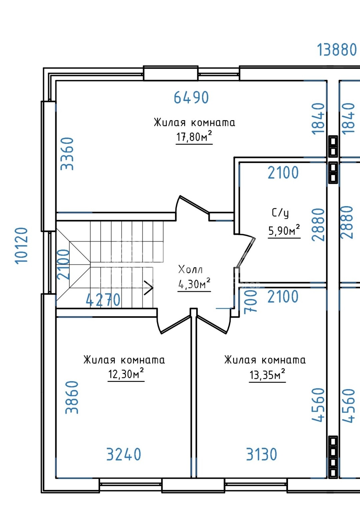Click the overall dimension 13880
(x=337, y=50)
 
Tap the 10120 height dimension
(x=21, y=245)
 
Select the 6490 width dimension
(x=191, y=98)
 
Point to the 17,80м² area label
(x=194, y=136)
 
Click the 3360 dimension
(x=67, y=154)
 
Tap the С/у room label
(x=280, y=213)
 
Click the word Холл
(x=190, y=269)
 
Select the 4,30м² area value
(x=194, y=283)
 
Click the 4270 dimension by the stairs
(x=103, y=300)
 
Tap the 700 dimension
(x=250, y=301)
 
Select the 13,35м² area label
(x=267, y=375)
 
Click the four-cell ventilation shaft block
(x=333, y=457)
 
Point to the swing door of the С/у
(x=246, y=252)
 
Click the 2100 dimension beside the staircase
(x=63, y=264)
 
